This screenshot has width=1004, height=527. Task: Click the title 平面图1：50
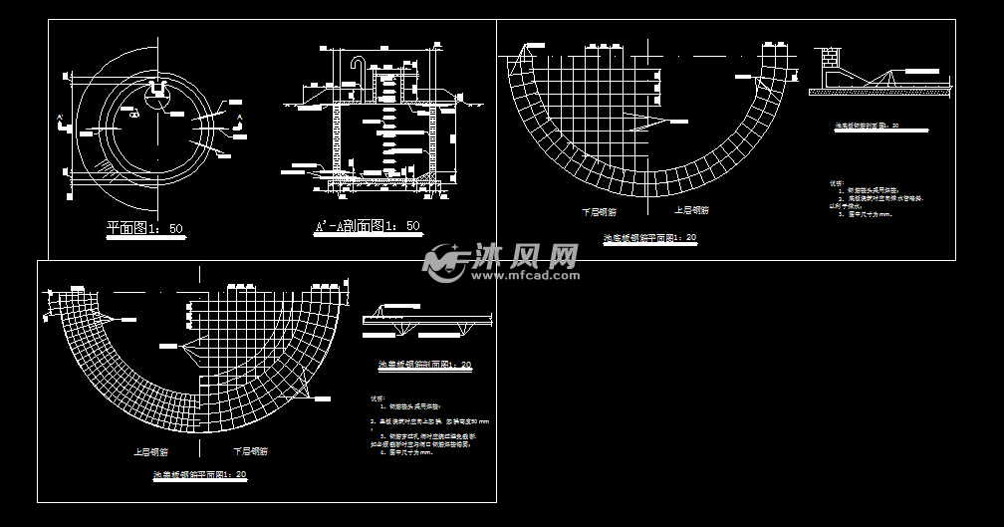[x=145, y=228]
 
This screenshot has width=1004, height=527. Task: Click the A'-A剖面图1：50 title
[x=368, y=227]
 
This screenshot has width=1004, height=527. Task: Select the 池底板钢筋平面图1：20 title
[x=649, y=238]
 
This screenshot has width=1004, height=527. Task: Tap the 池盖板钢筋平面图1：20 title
[x=193, y=475]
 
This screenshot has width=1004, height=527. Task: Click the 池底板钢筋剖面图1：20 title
[x=866, y=127]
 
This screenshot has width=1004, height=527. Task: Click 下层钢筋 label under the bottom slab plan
[x=599, y=211]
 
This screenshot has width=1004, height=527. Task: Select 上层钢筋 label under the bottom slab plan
[x=691, y=210]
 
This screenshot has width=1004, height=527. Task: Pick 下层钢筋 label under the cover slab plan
[x=250, y=451]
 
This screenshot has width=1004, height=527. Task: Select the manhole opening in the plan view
[x=156, y=97]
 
